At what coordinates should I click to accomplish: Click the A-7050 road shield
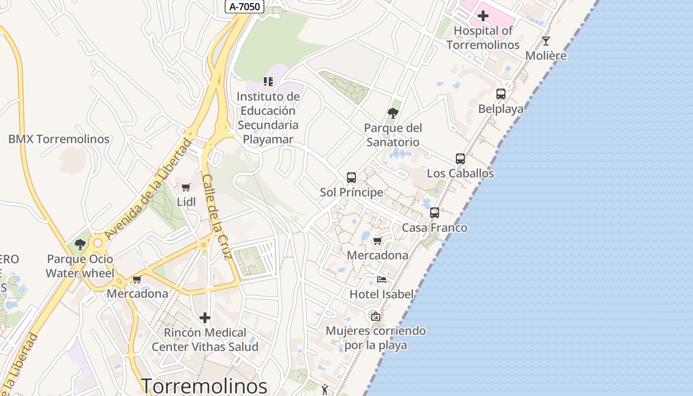click(x=245, y=6)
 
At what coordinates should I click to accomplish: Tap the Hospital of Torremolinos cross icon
click(x=483, y=16)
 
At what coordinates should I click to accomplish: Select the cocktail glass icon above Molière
click(x=546, y=41)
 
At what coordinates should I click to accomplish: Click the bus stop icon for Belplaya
click(x=500, y=94)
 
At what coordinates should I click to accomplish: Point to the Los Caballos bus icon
click(x=460, y=158)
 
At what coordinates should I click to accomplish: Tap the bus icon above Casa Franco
click(x=435, y=212)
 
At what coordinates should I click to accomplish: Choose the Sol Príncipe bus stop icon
click(x=351, y=177)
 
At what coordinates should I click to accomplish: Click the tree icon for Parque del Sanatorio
click(x=393, y=113)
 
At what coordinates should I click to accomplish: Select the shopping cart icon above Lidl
click(x=186, y=187)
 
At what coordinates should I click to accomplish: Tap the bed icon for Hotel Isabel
click(x=381, y=280)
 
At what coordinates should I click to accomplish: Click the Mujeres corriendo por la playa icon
click(x=376, y=316)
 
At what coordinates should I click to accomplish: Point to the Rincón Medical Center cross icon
click(x=205, y=317)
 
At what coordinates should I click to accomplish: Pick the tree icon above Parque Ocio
click(x=80, y=244)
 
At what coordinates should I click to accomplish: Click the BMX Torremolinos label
click(x=59, y=139)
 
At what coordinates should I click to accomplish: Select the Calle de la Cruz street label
click(x=217, y=216)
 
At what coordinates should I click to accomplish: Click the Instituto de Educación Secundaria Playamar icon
click(x=268, y=81)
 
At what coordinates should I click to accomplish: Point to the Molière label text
click(x=546, y=55)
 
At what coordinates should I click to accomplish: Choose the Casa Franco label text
click(x=435, y=228)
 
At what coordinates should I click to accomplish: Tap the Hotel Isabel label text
click(x=381, y=294)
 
